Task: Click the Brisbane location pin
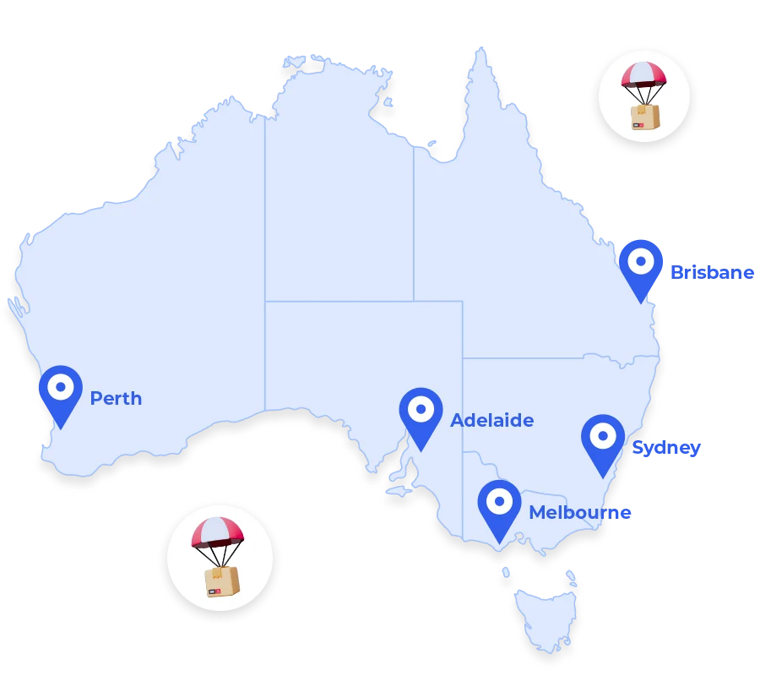[640, 266]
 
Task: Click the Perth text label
[116, 398]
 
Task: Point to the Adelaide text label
[491, 420]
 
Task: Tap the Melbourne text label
[580, 513]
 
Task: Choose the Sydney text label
[666, 448]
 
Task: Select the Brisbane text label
[711, 272]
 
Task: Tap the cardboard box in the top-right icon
[644, 117]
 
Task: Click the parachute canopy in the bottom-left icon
[217, 532]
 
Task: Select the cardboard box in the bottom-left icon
[221, 581]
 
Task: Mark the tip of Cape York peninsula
[482, 48]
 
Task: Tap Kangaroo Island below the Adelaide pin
[396, 489]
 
